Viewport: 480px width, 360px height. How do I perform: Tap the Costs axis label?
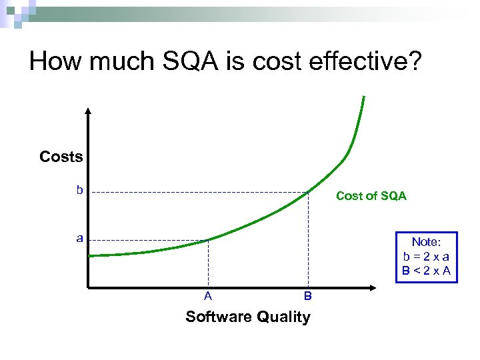point(61,157)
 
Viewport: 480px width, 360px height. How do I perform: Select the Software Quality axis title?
point(247,317)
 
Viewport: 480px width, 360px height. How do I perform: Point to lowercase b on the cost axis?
point(79,190)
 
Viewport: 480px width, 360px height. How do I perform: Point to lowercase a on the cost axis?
point(79,238)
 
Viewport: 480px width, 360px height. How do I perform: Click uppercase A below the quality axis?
point(208,296)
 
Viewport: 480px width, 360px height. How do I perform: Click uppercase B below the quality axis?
point(307,296)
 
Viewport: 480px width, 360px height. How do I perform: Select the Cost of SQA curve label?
point(371,195)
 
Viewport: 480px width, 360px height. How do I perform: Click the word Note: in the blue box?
point(425,242)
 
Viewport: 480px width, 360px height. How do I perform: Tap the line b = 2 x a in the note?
point(425,256)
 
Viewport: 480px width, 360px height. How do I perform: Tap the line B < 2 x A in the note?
point(425,270)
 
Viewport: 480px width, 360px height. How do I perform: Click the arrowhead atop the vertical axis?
point(88,111)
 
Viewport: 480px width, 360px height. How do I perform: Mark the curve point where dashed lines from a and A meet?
point(208,239)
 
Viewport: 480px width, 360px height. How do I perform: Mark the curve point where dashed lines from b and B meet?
point(308,192)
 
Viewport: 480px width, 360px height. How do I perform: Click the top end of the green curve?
point(364,97)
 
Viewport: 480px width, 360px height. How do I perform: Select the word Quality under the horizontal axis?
point(285,317)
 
